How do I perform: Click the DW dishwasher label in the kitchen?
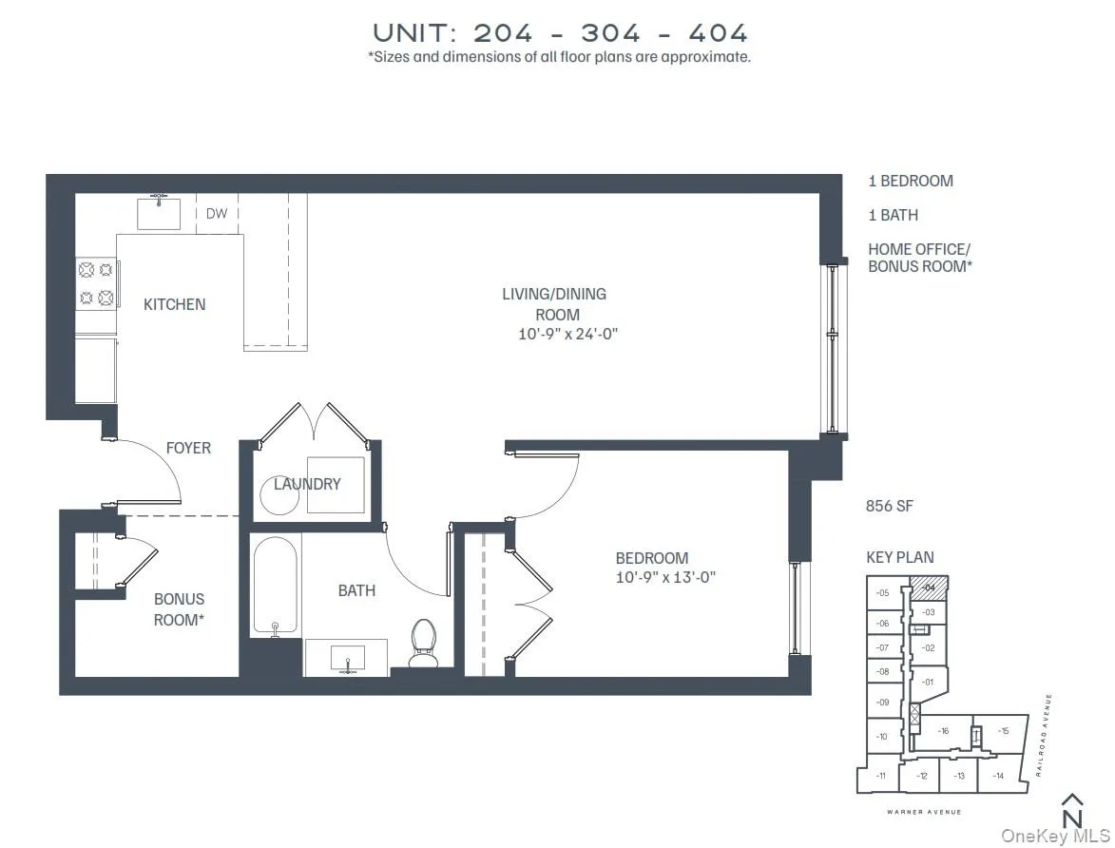217,214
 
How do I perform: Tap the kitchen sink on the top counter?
159,213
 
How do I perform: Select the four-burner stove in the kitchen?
96,283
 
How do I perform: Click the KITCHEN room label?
174,304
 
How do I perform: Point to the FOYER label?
188,448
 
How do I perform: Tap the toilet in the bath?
423,643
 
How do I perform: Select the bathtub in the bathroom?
275,586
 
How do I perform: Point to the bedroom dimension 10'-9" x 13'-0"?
664,576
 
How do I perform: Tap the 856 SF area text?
889,506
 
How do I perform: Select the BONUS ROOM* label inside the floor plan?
179,608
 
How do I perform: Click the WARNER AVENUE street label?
924,812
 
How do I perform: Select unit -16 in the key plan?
943,731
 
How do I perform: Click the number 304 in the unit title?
610,32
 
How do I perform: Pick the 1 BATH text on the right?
893,215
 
